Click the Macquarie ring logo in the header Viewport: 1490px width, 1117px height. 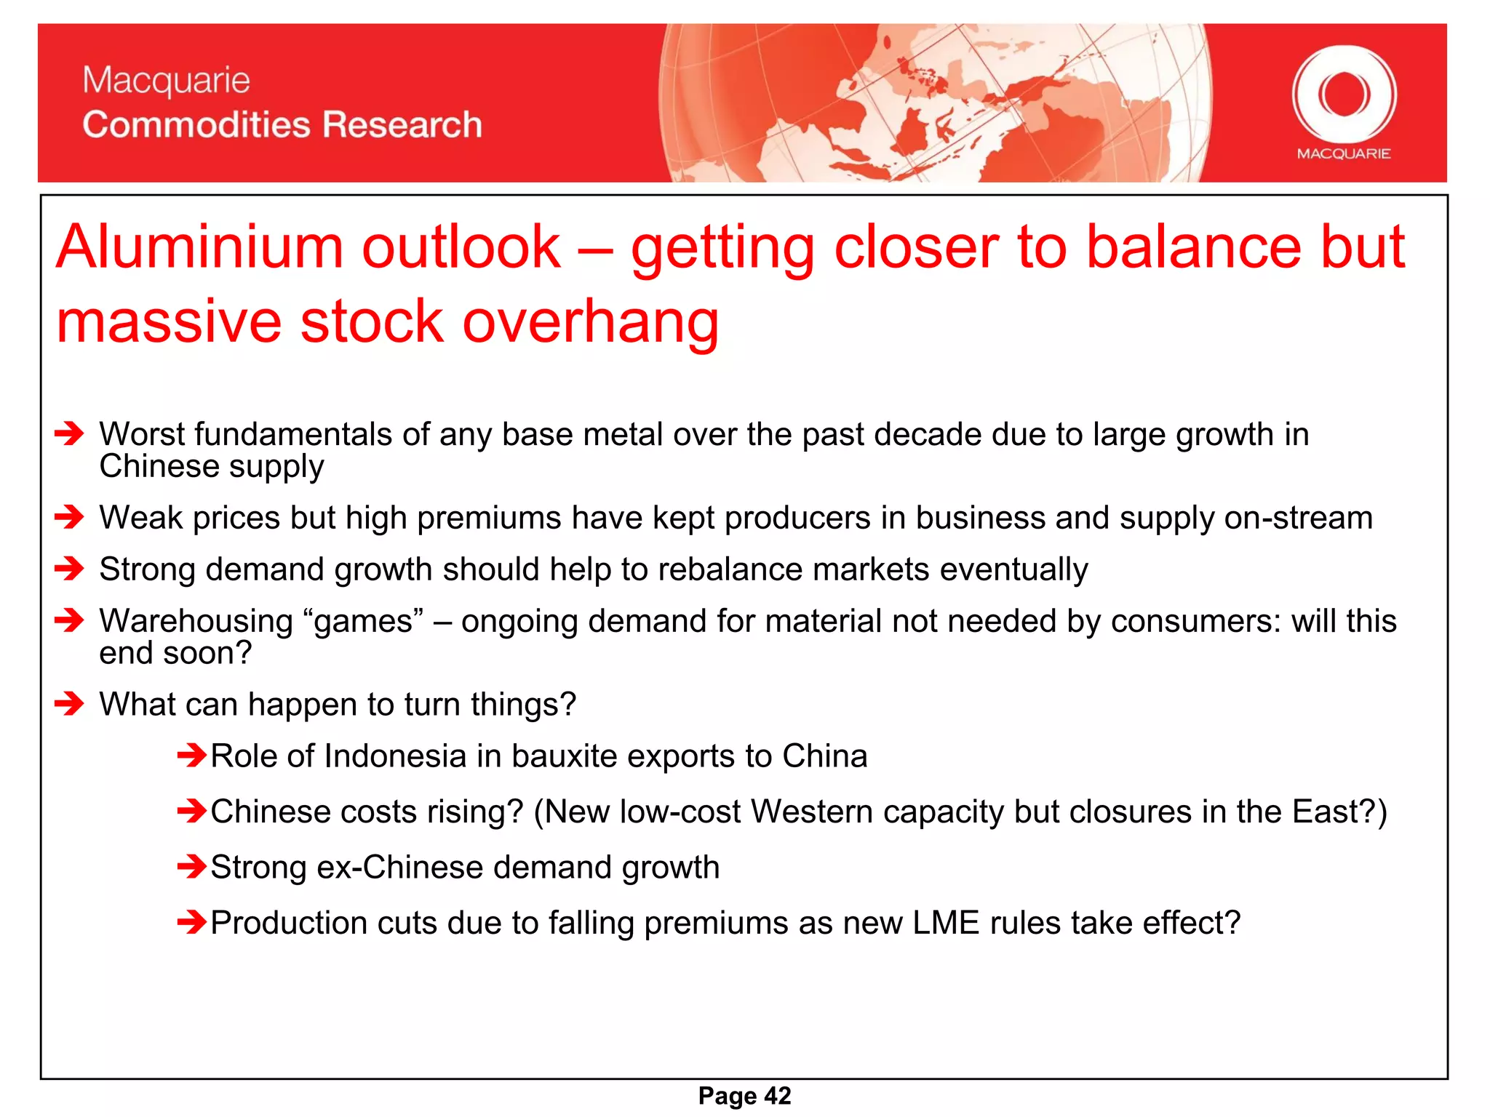tap(1344, 95)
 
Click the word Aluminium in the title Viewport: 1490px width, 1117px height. tap(199, 247)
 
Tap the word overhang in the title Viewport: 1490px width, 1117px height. tap(590, 321)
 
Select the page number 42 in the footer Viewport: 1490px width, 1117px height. tap(778, 1096)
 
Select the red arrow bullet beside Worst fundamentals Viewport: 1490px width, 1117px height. tap(70, 434)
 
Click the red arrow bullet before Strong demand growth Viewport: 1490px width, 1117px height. tap(70, 569)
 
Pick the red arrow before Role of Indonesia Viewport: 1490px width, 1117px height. tap(192, 756)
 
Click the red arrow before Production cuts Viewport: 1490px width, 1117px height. tap(192, 923)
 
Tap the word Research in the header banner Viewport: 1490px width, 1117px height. tap(402, 124)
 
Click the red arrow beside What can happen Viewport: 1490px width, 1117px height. tap(70, 704)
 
